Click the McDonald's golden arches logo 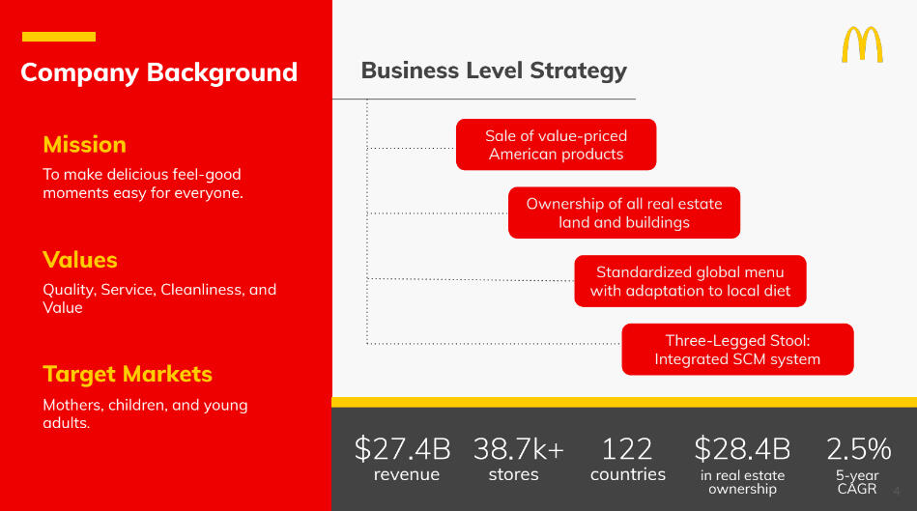tap(862, 44)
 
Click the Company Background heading tap(159, 72)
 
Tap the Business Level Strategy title tap(494, 71)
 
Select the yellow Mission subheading tap(85, 145)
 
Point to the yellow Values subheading tap(80, 260)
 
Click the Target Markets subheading tap(128, 374)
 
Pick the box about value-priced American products tap(557, 145)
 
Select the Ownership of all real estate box tap(624, 213)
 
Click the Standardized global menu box tap(690, 281)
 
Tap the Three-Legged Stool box tap(737, 350)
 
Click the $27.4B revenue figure tap(402, 449)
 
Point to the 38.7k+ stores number tap(519, 449)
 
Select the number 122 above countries tap(627, 449)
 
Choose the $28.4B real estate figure tap(742, 449)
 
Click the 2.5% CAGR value tap(858, 449)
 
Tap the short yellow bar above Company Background tap(59, 37)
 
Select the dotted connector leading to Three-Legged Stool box tap(494, 344)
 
